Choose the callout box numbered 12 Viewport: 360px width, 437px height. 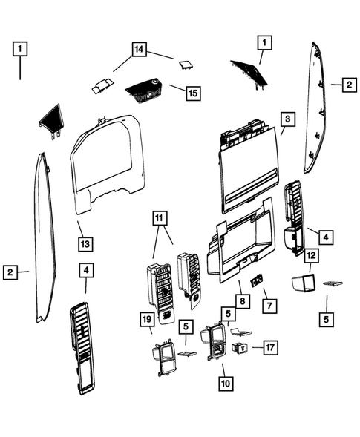311,256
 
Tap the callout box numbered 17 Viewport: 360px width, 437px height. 269,346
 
